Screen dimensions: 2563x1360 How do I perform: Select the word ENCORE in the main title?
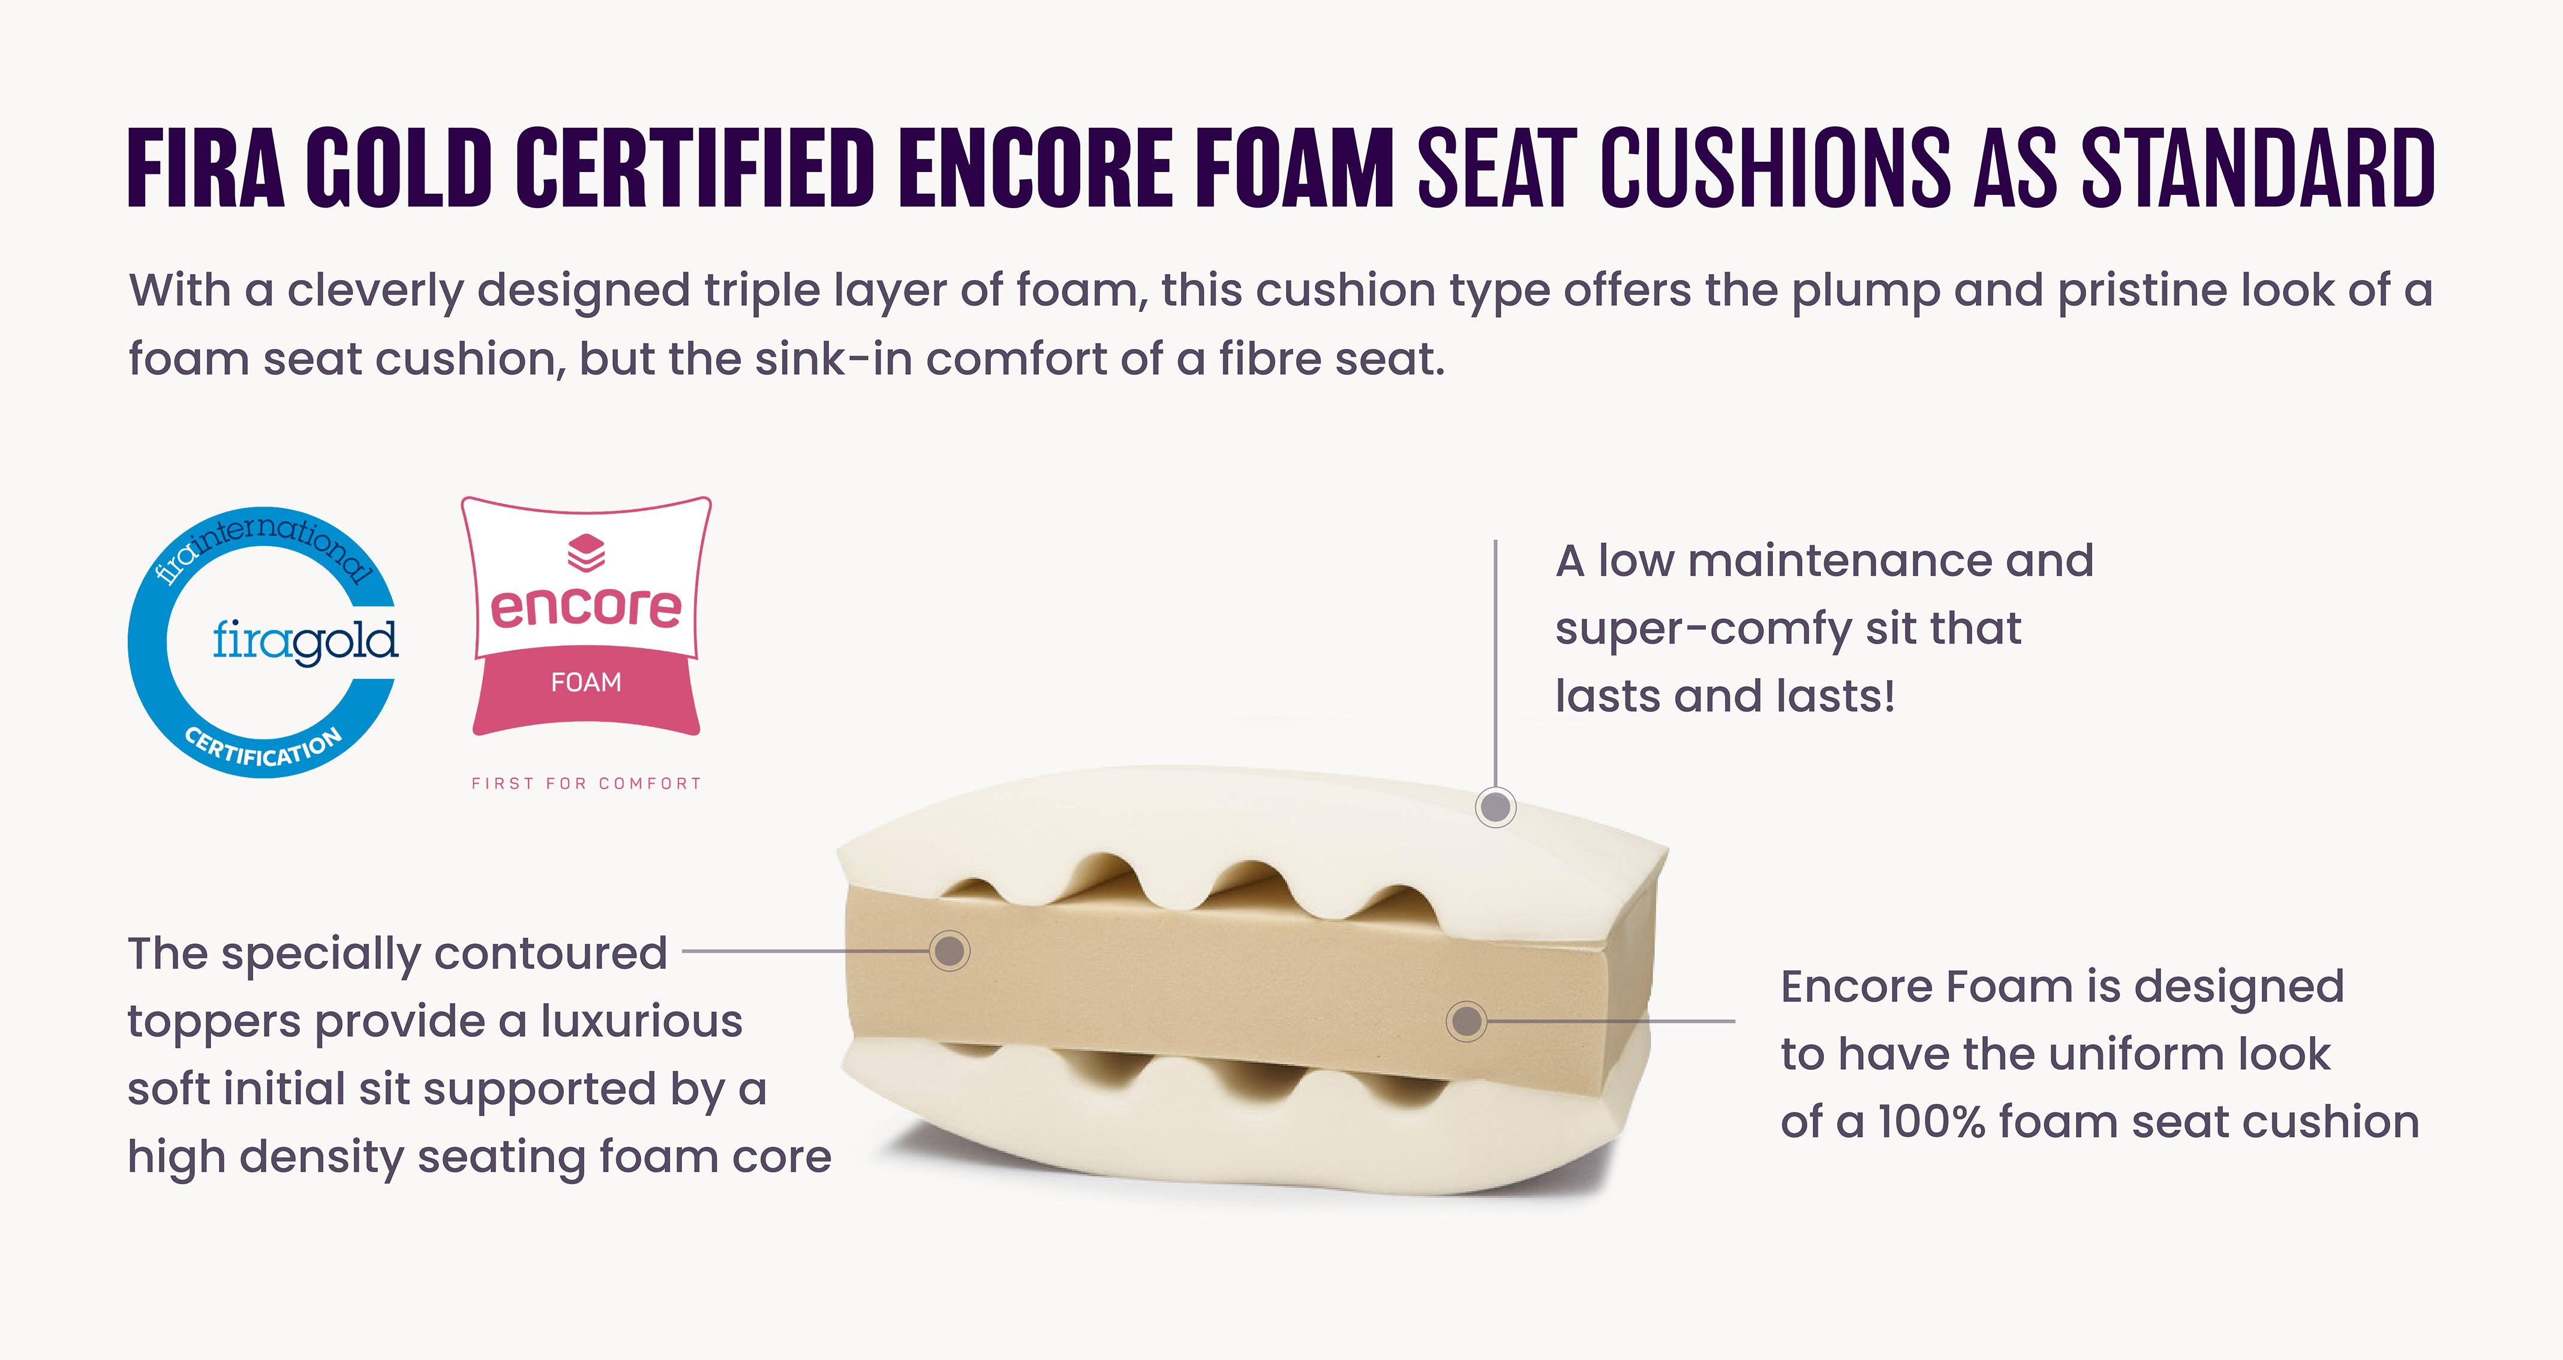(1035, 169)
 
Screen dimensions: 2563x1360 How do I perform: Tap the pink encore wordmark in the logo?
(586, 607)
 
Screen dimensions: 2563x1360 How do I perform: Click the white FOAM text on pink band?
(586, 682)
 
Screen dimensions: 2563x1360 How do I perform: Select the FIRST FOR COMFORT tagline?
(586, 784)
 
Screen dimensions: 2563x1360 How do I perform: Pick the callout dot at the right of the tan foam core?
(1465, 1021)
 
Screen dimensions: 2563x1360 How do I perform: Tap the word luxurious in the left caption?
(642, 1022)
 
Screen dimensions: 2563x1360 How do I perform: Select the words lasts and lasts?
(1725, 696)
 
